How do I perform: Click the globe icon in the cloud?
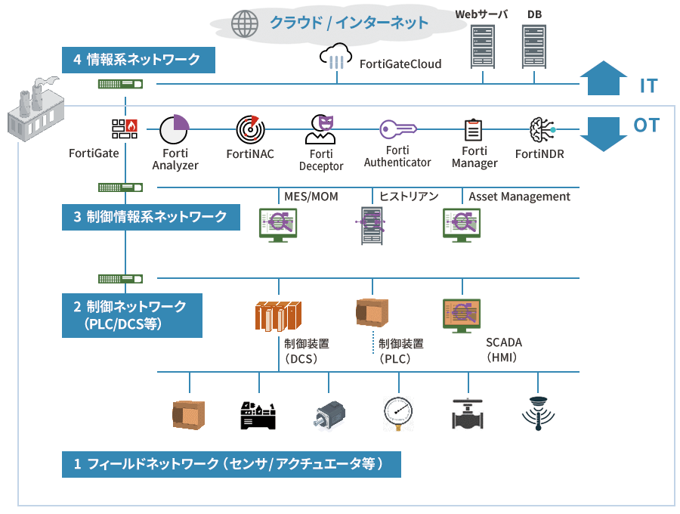(245, 23)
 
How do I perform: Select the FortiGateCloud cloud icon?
(336, 57)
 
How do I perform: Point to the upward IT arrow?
(603, 79)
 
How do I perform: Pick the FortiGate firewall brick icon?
(125, 128)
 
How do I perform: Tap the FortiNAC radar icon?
(249, 130)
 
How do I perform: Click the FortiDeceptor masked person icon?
(321, 129)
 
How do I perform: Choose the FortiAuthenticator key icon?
(397, 130)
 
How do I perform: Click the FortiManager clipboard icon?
(474, 130)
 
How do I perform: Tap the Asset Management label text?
(519, 197)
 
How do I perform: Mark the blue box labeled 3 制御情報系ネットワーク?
(151, 217)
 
